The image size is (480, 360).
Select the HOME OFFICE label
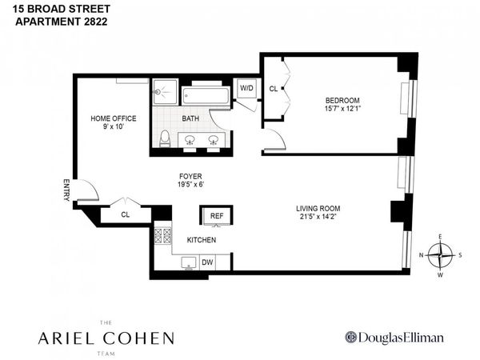coord(113,118)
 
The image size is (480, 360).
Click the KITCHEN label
coord(200,239)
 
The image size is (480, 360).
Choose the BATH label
coord(190,118)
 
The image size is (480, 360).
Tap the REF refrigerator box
coord(216,216)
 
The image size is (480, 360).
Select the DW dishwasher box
coord(206,262)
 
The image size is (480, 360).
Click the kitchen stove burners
coord(162,237)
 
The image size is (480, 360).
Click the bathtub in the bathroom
coord(206,94)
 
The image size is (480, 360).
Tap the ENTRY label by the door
coord(67,192)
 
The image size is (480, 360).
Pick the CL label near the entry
coord(125,214)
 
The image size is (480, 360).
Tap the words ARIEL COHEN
coord(106,338)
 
